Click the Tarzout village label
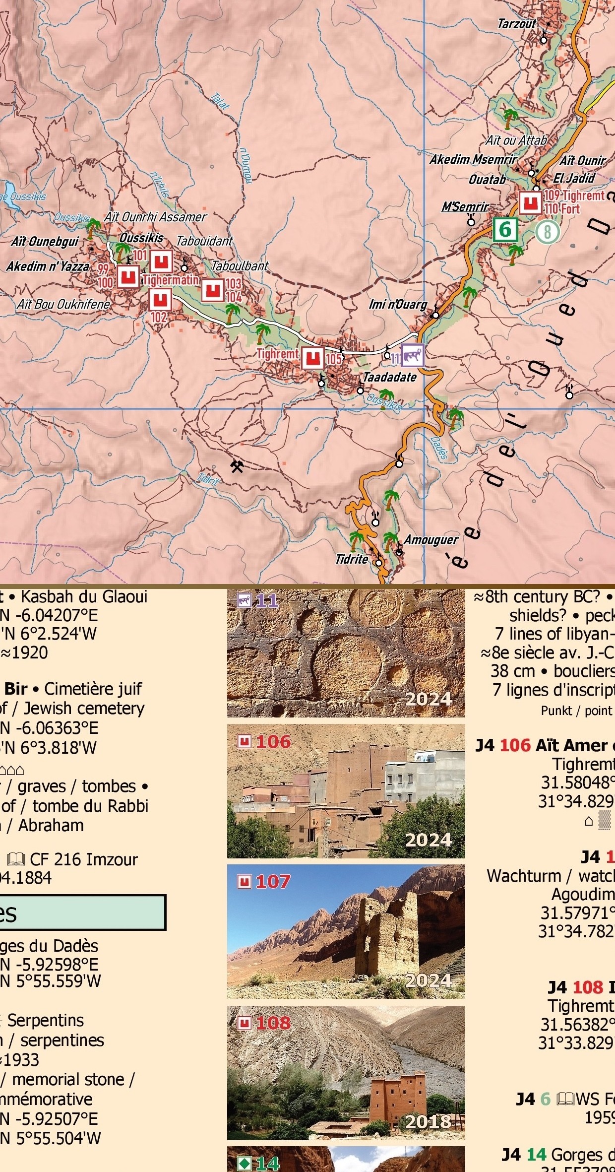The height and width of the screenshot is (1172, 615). pos(517,23)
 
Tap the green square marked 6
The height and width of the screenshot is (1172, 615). pos(505,230)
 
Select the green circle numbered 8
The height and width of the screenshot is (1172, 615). pos(547,232)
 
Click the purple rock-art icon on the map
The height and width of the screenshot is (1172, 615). pos(412,355)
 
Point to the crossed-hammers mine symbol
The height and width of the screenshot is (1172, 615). pos(237,466)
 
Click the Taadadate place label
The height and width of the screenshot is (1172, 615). pos(390,377)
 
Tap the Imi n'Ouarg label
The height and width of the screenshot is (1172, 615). pos(398,304)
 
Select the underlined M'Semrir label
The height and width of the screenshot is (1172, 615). pos(465,206)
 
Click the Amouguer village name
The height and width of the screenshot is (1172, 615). pos(431,539)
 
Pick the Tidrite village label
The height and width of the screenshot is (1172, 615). pos(352,559)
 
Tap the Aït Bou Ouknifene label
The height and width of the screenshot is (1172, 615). pos(63,304)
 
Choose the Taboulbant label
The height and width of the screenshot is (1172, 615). pos(240,265)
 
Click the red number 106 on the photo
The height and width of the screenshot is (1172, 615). pos(273,742)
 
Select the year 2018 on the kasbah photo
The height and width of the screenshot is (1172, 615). pos(428,1121)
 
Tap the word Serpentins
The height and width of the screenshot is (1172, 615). pos(45,1020)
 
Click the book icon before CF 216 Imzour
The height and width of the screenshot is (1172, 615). pos(16,859)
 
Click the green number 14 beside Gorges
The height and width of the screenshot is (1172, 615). pos(536,1154)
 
